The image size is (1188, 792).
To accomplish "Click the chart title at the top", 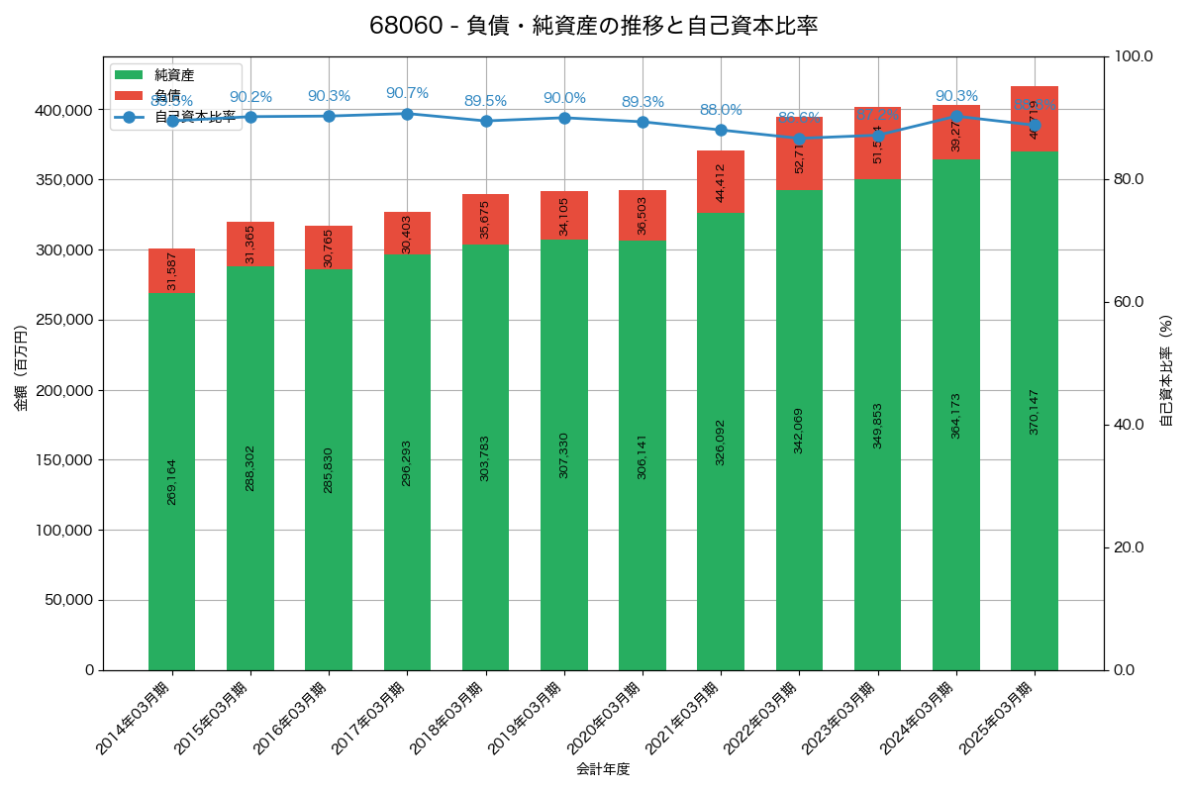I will (x=593, y=26).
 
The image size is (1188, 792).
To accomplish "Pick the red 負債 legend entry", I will (x=167, y=95).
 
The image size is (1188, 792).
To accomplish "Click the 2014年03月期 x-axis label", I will (x=135, y=719).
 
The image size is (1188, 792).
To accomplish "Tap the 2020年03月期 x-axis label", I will (x=605, y=719).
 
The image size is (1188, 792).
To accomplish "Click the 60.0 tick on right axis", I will (x=1131, y=302).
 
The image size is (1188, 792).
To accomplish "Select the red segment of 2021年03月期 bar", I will (x=721, y=182).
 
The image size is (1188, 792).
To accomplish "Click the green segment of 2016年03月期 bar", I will (x=329, y=469).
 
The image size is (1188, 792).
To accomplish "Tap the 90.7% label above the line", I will (x=407, y=93).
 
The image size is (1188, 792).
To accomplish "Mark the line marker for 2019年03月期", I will (x=564, y=118).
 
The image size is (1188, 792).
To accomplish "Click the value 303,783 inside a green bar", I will (x=485, y=457).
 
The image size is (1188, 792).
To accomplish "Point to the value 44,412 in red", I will (x=721, y=182).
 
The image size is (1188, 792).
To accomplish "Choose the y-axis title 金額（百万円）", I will (x=21, y=368).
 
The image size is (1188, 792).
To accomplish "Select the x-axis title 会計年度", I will (x=603, y=768).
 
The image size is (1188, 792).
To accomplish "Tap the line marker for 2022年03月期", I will (x=799, y=139).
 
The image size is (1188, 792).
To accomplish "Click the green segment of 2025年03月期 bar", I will (x=1035, y=411).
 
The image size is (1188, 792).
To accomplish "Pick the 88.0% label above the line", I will (x=721, y=110).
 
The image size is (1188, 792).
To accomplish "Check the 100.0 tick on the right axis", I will (x=1134, y=56).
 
